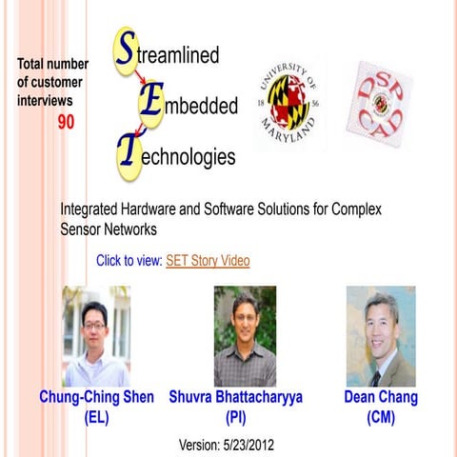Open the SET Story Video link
point(208,261)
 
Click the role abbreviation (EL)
point(97,417)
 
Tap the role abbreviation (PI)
point(236,417)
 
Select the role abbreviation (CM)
point(381,417)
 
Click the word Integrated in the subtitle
point(93,209)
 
